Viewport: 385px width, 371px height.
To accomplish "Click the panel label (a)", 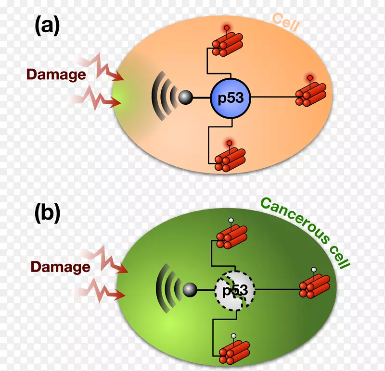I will [47, 25].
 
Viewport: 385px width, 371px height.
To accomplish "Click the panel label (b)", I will [47, 213].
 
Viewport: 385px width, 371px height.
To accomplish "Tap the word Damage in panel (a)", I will [56, 74].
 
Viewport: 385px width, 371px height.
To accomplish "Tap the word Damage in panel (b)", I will [60, 267].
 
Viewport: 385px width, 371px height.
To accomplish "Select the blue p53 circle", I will [231, 98].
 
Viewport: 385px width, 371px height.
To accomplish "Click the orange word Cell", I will [285, 22].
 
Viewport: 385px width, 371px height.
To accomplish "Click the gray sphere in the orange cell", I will [185, 98].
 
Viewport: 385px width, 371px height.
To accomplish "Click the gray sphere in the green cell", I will [190, 290].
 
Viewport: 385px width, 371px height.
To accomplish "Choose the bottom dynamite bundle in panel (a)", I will [230, 160].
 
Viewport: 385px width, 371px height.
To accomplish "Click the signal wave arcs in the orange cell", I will [162, 98].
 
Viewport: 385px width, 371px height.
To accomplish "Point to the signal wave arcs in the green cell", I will [167, 290].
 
